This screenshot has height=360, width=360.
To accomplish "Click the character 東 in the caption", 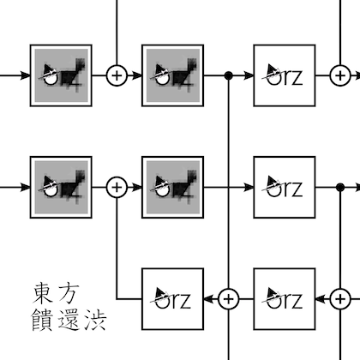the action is point(43,293).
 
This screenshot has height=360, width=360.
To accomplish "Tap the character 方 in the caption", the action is point(68,293).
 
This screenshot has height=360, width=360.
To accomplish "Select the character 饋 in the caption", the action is point(43,320).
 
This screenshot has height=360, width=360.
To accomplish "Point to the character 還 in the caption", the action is point(69,320).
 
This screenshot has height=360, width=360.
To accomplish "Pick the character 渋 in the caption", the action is point(95,320).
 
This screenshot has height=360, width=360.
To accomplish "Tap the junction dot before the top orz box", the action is point(228,75).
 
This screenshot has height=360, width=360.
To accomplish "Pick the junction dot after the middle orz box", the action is point(340,188).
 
